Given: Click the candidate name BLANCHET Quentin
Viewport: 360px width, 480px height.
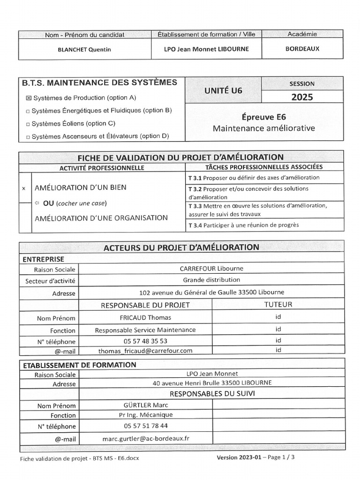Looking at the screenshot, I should [x=84, y=50].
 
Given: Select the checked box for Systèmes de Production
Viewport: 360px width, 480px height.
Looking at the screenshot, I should [x=28, y=98].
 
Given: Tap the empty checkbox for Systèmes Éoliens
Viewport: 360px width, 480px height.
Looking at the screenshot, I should [x=28, y=124].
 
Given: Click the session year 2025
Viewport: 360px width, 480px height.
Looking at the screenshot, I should [x=302, y=97].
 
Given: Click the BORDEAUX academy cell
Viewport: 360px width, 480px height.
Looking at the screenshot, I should [x=302, y=48].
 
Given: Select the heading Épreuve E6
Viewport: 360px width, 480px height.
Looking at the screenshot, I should [x=264, y=117].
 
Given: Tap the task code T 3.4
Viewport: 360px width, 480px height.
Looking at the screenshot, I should [x=195, y=225].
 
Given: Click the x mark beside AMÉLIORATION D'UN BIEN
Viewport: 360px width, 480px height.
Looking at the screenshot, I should [x=24, y=188].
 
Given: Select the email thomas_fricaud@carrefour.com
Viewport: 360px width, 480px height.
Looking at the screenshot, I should [x=145, y=351].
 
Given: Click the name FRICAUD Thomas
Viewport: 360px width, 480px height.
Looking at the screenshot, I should [x=145, y=318].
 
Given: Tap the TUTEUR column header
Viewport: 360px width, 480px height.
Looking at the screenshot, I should [x=278, y=305].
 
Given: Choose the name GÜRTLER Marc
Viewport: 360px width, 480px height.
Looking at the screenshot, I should [x=145, y=405].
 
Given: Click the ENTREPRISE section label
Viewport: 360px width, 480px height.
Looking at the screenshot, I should [x=44, y=259].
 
